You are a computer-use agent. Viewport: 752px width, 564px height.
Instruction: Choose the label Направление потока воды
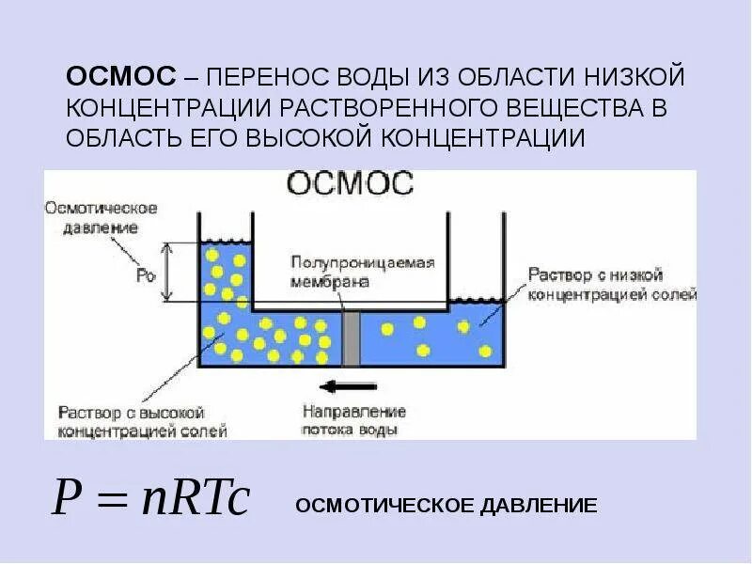pyautogui.click(x=354, y=420)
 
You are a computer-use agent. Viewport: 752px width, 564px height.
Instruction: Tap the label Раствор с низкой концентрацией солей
pyautogui.click(x=612, y=285)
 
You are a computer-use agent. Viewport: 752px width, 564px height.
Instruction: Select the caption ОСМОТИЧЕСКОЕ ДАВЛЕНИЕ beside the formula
pyautogui.click(x=446, y=506)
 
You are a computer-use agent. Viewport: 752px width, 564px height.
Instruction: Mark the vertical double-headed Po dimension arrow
pyautogui.click(x=167, y=273)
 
